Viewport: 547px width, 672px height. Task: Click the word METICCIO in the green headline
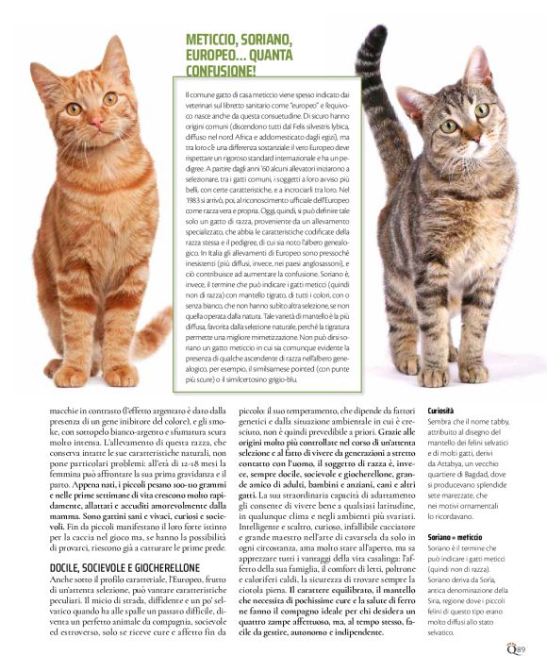click(215, 39)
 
